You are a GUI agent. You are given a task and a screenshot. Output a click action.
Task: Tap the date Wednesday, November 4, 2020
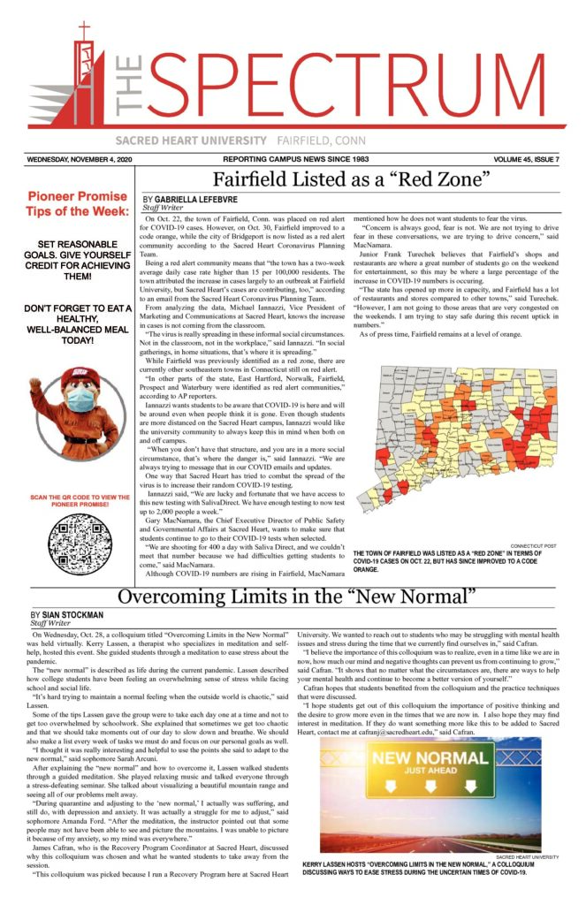(80, 160)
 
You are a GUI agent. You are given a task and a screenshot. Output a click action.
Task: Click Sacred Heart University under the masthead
(190, 141)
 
